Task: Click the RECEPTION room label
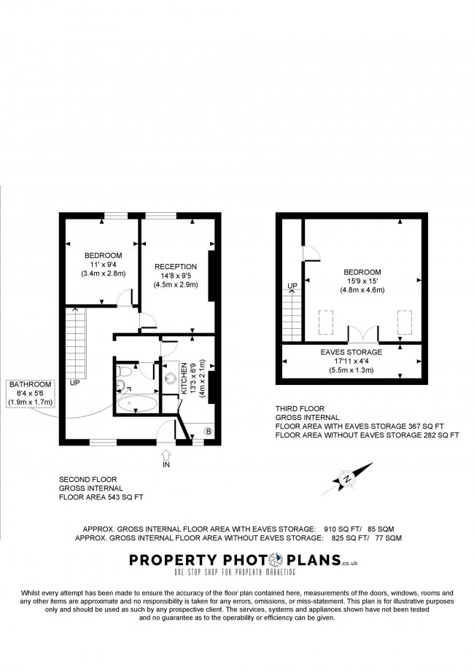pos(176,267)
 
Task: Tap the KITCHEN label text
pos(184,378)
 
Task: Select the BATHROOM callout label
pos(31,384)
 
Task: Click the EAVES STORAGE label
pos(351,352)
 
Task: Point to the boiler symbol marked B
pos(209,431)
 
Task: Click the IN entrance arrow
pos(166,454)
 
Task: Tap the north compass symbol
pos(347,478)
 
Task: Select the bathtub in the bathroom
pos(137,404)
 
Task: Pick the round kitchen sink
pos(171,378)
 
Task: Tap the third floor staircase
pos(292,315)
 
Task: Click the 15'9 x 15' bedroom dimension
pos(362,281)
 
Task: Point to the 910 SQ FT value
pos(342,529)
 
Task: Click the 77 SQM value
pos(389,538)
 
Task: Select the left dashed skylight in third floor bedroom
pos(326,323)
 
